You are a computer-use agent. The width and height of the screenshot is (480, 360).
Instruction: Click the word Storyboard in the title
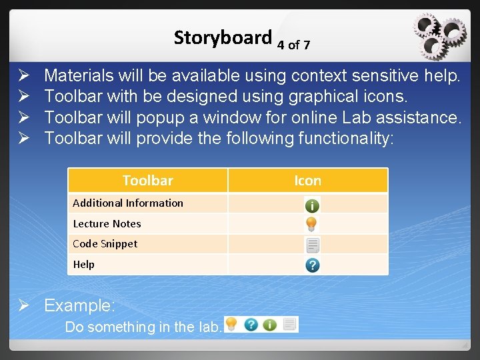tap(223, 38)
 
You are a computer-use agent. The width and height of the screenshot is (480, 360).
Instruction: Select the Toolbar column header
tap(147, 181)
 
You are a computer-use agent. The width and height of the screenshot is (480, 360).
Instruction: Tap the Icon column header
tap(307, 181)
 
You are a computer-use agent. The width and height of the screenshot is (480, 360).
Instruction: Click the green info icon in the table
tap(312, 205)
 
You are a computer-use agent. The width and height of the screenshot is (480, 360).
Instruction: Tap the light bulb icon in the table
tap(312, 224)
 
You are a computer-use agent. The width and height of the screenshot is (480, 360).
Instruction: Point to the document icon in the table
tap(312, 245)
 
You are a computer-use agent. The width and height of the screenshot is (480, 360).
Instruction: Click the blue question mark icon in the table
tap(312, 265)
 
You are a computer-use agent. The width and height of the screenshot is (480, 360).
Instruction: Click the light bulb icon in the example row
tap(231, 325)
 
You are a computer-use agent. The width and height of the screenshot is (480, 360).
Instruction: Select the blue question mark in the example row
tap(251, 325)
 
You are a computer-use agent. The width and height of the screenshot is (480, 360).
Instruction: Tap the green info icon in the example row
tap(269, 325)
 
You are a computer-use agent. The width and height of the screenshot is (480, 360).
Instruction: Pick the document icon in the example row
tap(289, 325)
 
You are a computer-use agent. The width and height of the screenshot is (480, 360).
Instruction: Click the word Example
tap(79, 306)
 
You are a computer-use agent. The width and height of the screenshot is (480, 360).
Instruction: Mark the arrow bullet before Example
tap(24, 306)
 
